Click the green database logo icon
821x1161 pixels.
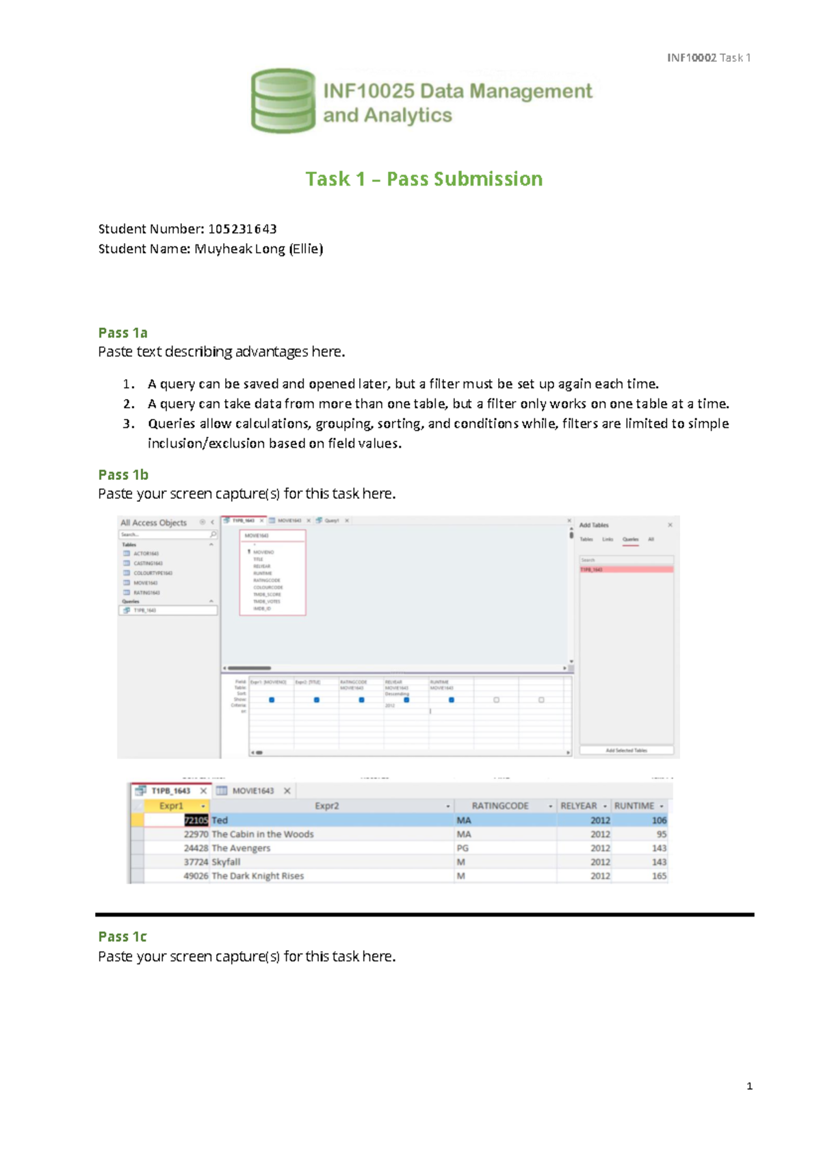coord(283,101)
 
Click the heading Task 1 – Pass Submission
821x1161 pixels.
coord(423,179)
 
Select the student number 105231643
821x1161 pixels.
coord(242,229)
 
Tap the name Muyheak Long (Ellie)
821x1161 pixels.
coord(258,248)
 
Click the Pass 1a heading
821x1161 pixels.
coord(122,333)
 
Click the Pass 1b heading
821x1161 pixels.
coord(123,474)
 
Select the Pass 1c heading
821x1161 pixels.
coord(122,936)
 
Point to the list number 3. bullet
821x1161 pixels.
coord(129,424)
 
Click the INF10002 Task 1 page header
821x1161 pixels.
coord(709,58)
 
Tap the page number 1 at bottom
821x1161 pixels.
coord(749,1086)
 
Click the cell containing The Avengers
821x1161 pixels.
coord(241,848)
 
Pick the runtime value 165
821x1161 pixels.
coord(658,876)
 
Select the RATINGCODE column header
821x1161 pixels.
coord(500,806)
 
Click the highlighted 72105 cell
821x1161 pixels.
coord(196,820)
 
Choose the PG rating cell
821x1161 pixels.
coord(462,848)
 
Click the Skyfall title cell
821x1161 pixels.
coord(226,862)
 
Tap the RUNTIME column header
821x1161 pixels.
coord(634,806)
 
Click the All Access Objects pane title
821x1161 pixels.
coord(153,522)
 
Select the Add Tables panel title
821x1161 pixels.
coord(593,525)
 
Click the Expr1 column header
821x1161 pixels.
coord(171,806)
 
